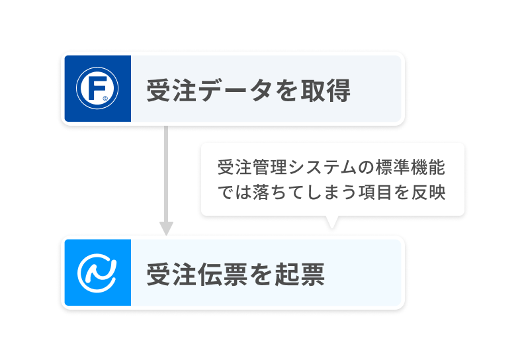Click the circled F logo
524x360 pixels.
coord(97,88)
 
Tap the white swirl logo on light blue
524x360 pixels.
coord(97,273)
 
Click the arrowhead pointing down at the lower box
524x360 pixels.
coord(166,228)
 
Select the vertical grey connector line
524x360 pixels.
coord(166,174)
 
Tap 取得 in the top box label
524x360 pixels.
coord(326,90)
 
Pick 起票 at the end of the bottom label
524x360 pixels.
coord(300,275)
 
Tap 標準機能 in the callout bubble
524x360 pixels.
coord(410,167)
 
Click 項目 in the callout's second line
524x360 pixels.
coord(375,192)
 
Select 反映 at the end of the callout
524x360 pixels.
coord(429,192)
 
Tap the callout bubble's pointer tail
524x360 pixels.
coord(332,222)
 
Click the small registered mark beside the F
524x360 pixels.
coord(105,99)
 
